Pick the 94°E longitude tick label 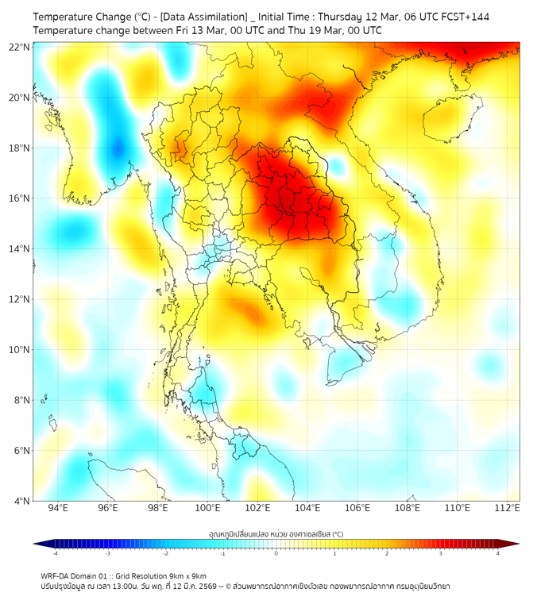[58, 508]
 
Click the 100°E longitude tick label [207, 508]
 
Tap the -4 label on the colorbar [55, 552]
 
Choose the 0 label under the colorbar [276, 552]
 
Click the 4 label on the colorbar [497, 552]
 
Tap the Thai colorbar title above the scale [276, 534]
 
